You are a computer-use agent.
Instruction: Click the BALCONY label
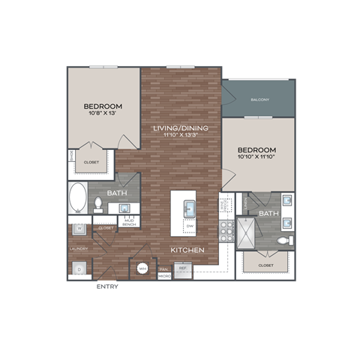[x=259, y=100]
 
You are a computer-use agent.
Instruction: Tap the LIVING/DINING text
[x=181, y=128]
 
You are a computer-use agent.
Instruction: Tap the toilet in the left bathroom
[x=97, y=204]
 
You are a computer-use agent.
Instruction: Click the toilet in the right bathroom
[x=283, y=241]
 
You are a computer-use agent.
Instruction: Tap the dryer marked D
[x=79, y=268]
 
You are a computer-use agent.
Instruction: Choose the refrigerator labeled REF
[x=182, y=268]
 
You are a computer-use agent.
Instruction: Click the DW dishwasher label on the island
[x=190, y=226]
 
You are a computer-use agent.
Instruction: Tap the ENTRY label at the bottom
[x=107, y=286]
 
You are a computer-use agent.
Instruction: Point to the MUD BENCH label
[x=128, y=221]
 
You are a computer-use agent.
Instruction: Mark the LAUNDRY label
[x=79, y=249]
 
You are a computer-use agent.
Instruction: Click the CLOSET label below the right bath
[x=265, y=265]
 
